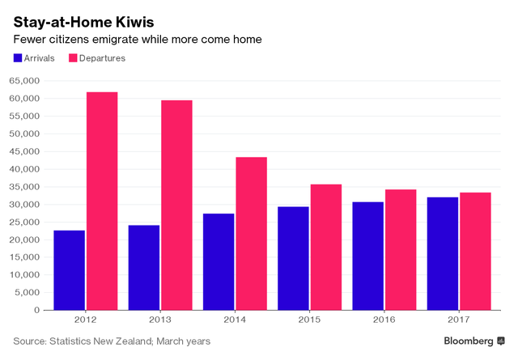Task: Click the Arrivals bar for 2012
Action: click(69, 270)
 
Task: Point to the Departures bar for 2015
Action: click(326, 247)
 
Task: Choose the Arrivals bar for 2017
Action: click(443, 253)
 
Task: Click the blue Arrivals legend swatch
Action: click(18, 58)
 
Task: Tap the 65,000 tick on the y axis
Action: click(24, 81)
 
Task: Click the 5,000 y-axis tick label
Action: click(28, 292)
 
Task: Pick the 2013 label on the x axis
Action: click(160, 320)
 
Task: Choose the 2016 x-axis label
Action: click(384, 320)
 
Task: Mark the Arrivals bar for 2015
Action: click(293, 258)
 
